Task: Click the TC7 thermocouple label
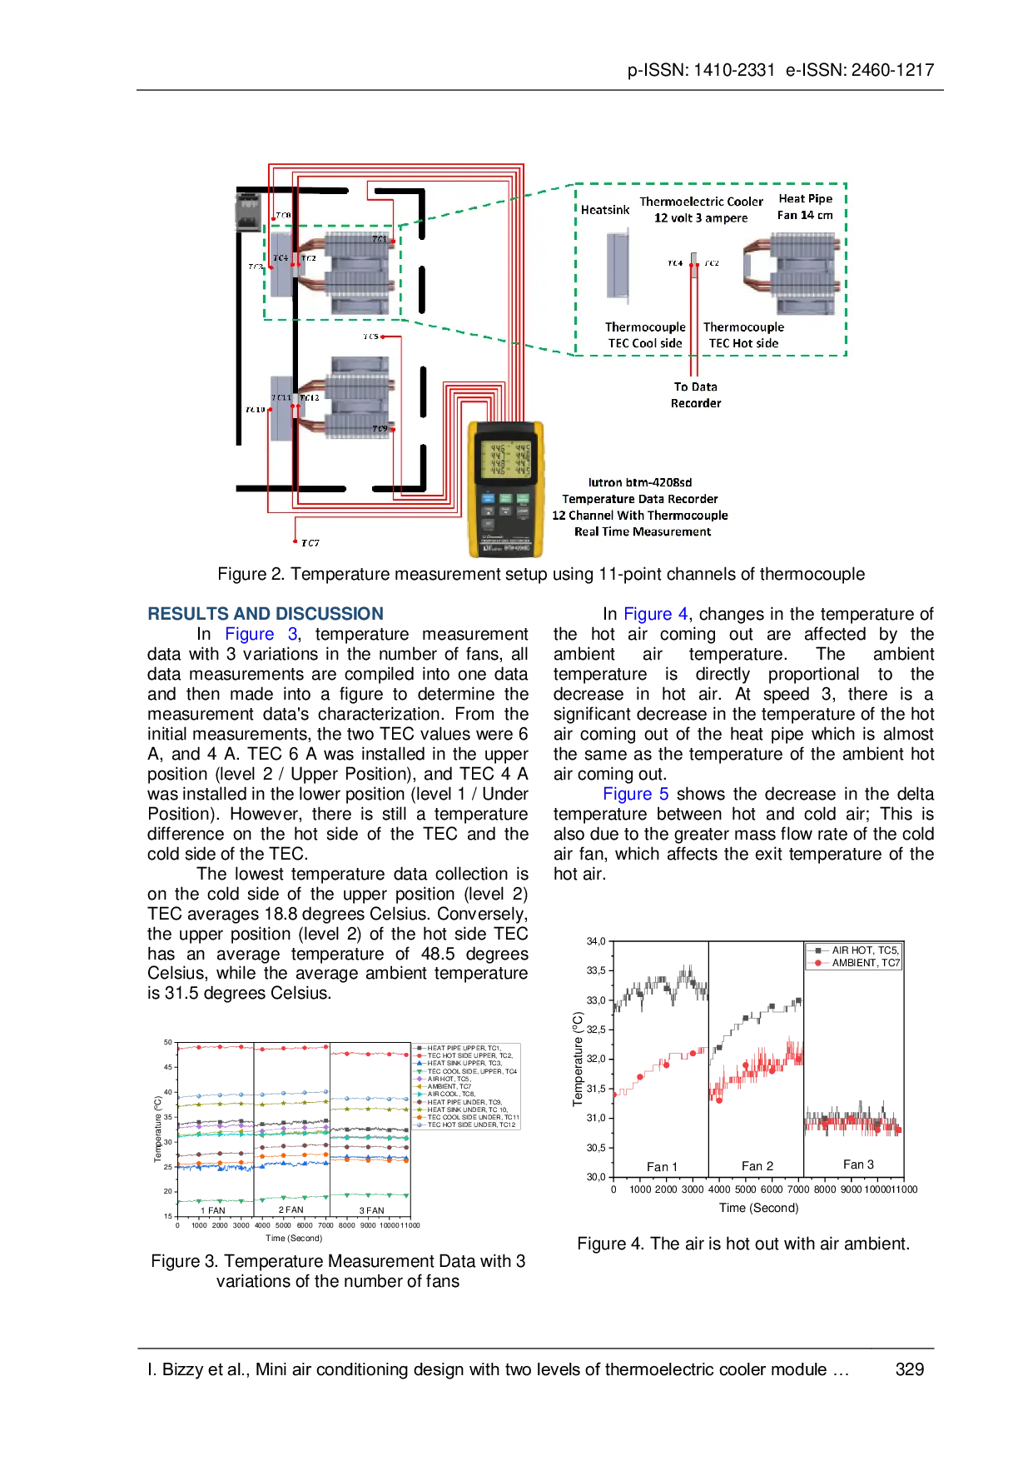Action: [x=310, y=543]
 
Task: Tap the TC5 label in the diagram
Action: [x=370, y=337]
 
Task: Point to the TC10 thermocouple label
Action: [x=255, y=410]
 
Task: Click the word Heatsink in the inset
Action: [x=605, y=210]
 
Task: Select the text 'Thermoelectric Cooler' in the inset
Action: [x=701, y=202]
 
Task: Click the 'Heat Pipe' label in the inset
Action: [x=805, y=198]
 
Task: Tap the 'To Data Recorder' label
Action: [x=696, y=395]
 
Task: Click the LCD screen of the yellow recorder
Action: [x=505, y=459]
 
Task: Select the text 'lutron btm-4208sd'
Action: [x=639, y=482]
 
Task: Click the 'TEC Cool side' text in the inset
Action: [x=645, y=343]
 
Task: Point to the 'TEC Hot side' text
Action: [x=743, y=343]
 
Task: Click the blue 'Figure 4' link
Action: [x=656, y=615]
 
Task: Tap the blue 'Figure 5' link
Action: [x=636, y=794]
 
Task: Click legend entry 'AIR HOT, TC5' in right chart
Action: [x=865, y=950]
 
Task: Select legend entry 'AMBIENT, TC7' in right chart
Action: [x=866, y=963]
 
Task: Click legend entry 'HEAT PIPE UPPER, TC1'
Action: [x=464, y=1048]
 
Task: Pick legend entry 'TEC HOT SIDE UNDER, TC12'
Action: [x=471, y=1124]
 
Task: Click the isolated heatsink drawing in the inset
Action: [x=617, y=266]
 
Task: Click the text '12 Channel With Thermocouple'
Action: [x=639, y=516]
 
